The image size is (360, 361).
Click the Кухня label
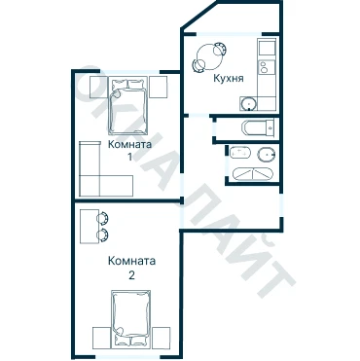click(229, 78)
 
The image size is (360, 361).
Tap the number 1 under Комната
click(129, 158)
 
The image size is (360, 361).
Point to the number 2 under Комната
click(131, 275)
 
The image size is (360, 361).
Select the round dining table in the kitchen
click(209, 57)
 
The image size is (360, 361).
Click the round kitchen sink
click(249, 104)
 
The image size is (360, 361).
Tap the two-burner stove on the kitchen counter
click(267, 67)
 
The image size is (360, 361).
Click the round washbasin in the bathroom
click(266, 154)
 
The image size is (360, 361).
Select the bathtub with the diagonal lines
click(253, 174)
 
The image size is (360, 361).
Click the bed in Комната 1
click(128, 105)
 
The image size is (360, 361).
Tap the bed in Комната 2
click(131, 318)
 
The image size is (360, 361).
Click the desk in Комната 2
click(90, 226)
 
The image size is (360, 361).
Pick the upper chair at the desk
click(103, 219)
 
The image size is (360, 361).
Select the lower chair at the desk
click(103, 235)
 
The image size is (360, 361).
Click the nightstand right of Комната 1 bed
click(159, 87)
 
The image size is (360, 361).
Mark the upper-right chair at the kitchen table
click(220, 49)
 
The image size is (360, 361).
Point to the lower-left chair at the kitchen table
click(199, 66)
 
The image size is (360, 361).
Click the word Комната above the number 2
click(131, 261)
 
